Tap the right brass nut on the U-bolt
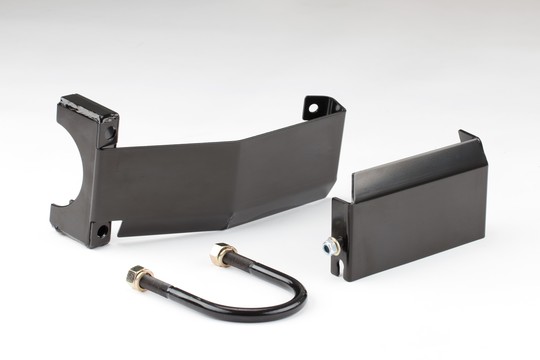pos(222,255)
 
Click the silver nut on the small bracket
pos(330,246)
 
